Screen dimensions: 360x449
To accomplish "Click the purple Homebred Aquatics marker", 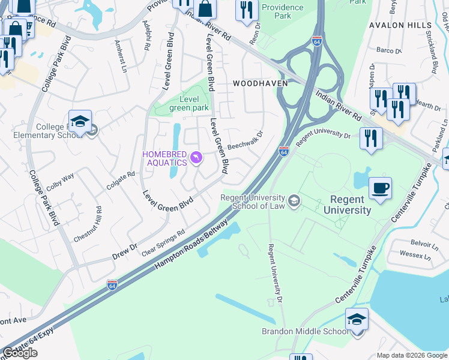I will coord(196,158).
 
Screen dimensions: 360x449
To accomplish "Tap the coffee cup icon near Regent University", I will coord(380,188).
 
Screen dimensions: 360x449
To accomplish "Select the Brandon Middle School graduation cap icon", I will coord(357,319).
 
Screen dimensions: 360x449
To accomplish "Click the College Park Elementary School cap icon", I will coord(80,121).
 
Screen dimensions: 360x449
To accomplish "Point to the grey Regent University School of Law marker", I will coord(294,201).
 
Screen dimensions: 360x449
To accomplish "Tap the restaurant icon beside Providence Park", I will coord(247,10).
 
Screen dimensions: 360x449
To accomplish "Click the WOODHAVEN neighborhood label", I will coord(256,83).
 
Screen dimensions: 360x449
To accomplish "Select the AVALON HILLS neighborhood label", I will coord(400,26).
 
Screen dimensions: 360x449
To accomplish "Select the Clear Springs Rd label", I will coord(163,242).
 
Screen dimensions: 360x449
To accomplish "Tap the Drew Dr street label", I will coord(124,251).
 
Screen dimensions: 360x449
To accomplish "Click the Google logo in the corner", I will coord(20,353).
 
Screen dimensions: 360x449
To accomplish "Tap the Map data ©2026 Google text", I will coord(411,355).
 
